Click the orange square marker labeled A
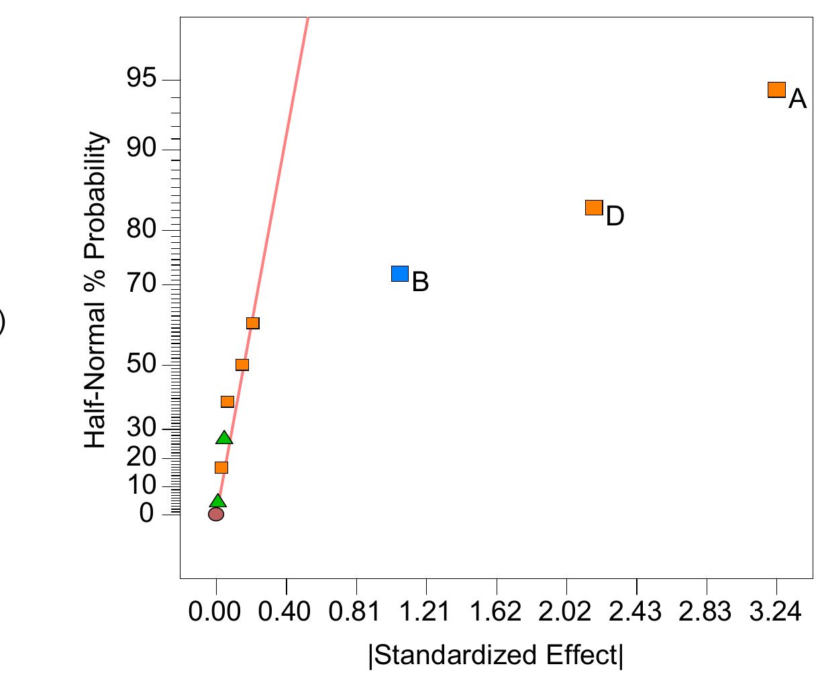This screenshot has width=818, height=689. point(776,90)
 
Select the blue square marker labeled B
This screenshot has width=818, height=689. point(399,273)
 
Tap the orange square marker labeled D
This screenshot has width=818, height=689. point(594,207)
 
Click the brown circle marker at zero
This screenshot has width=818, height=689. point(216,514)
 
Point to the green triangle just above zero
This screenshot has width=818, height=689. point(217,500)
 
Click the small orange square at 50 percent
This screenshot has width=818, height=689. point(242,365)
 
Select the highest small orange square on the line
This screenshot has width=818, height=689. point(252,323)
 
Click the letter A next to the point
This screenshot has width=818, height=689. point(797,99)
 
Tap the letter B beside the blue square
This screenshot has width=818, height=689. point(420,282)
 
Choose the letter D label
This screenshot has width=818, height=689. point(615,217)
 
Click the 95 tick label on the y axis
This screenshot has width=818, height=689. point(141,80)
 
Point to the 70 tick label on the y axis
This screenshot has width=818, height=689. point(141,285)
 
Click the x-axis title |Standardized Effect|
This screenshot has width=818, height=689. point(496,655)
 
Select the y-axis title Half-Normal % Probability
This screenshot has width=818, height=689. point(97,290)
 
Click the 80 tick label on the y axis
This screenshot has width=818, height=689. point(141,230)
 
